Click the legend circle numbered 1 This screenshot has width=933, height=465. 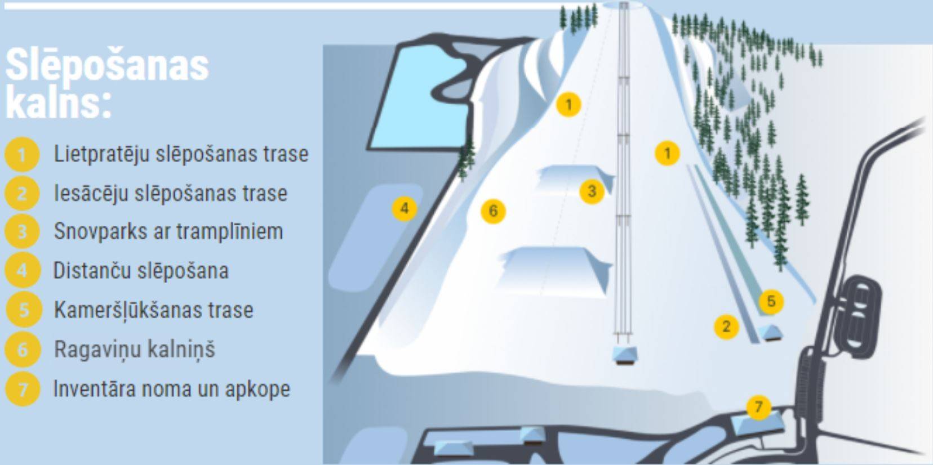tap(22, 154)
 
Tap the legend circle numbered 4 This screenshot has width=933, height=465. tap(22, 270)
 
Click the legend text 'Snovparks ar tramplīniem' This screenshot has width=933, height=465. tap(168, 231)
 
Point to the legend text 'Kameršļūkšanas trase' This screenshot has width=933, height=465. tap(153, 310)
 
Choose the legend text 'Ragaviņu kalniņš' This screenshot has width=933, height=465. tap(134, 349)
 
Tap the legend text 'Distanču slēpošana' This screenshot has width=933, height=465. tap(141, 271)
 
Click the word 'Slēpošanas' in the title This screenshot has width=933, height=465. tap(107, 65)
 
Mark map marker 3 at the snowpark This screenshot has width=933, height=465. tap(592, 191)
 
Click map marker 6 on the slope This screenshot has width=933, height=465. tap(493, 211)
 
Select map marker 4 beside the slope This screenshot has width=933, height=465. tap(405, 208)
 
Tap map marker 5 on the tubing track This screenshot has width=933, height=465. tap(771, 301)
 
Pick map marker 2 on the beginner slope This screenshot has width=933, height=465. tap(726, 327)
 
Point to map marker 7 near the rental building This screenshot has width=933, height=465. tap(758, 406)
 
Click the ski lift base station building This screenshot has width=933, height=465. tap(624, 356)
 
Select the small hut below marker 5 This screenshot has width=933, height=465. tap(770, 333)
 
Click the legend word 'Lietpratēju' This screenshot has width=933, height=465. tap(101, 154)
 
